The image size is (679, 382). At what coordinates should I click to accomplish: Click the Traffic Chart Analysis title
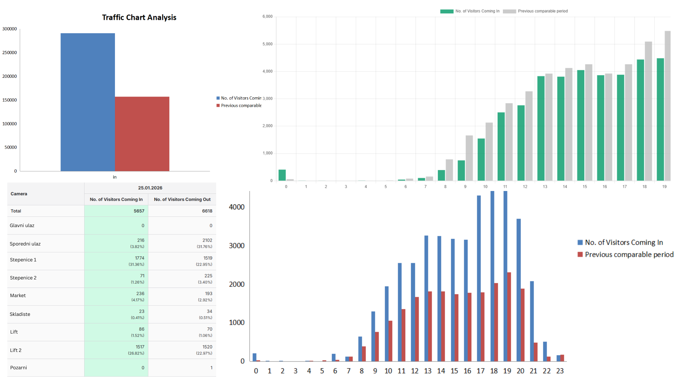(x=139, y=17)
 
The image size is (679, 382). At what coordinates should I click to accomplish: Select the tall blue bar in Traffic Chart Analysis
(x=88, y=103)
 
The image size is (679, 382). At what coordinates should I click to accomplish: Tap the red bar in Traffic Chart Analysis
(x=142, y=134)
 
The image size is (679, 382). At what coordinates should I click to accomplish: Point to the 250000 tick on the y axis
(x=10, y=53)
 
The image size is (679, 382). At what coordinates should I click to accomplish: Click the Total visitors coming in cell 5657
(x=139, y=211)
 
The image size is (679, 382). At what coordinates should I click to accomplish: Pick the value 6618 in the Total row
(x=207, y=211)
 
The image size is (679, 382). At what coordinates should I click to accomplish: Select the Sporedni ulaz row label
(x=25, y=244)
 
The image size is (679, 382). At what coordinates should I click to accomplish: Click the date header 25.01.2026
(x=150, y=188)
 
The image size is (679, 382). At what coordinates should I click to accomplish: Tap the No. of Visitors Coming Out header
(x=182, y=199)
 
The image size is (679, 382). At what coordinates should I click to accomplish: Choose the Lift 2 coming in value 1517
(x=140, y=347)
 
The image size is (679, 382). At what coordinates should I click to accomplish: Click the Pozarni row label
(x=18, y=368)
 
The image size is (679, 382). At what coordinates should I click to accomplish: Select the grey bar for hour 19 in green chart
(x=667, y=106)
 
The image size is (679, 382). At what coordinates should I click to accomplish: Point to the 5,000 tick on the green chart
(x=267, y=44)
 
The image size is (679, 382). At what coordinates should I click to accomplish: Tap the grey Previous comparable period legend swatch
(x=509, y=11)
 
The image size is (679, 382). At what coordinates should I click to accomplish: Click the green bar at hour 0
(x=282, y=175)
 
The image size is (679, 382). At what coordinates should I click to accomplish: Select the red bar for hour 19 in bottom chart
(x=509, y=317)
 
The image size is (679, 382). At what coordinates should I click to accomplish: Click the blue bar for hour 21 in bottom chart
(x=532, y=321)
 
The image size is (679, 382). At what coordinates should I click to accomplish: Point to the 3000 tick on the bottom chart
(x=237, y=246)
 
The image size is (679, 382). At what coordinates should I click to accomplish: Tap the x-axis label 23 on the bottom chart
(x=560, y=371)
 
